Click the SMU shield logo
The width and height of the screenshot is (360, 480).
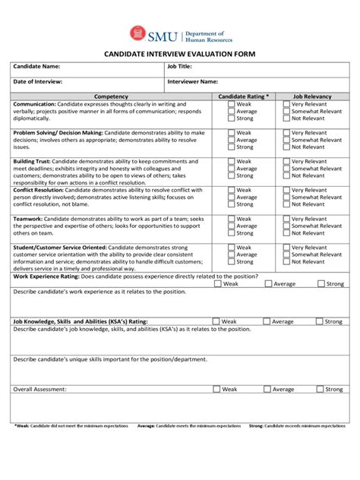point(136,33)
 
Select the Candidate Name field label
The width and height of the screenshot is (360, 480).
point(36,67)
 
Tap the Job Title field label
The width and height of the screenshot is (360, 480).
point(180,67)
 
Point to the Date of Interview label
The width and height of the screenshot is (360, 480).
point(38,81)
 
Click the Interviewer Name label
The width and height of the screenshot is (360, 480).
point(193,81)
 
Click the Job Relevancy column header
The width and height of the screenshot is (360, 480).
point(312,96)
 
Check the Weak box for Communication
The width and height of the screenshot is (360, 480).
point(231,104)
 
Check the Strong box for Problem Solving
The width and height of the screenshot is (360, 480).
point(231,147)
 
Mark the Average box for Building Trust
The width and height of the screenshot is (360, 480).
point(231,169)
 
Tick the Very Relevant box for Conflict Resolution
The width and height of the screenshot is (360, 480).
point(286,190)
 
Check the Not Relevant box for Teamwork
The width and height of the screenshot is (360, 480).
point(286,233)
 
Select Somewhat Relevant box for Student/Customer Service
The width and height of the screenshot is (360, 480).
point(286,254)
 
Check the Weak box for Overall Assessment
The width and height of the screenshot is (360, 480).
point(217,389)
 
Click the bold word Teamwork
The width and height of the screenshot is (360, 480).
point(28,219)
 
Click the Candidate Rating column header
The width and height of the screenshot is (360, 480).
point(243,96)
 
